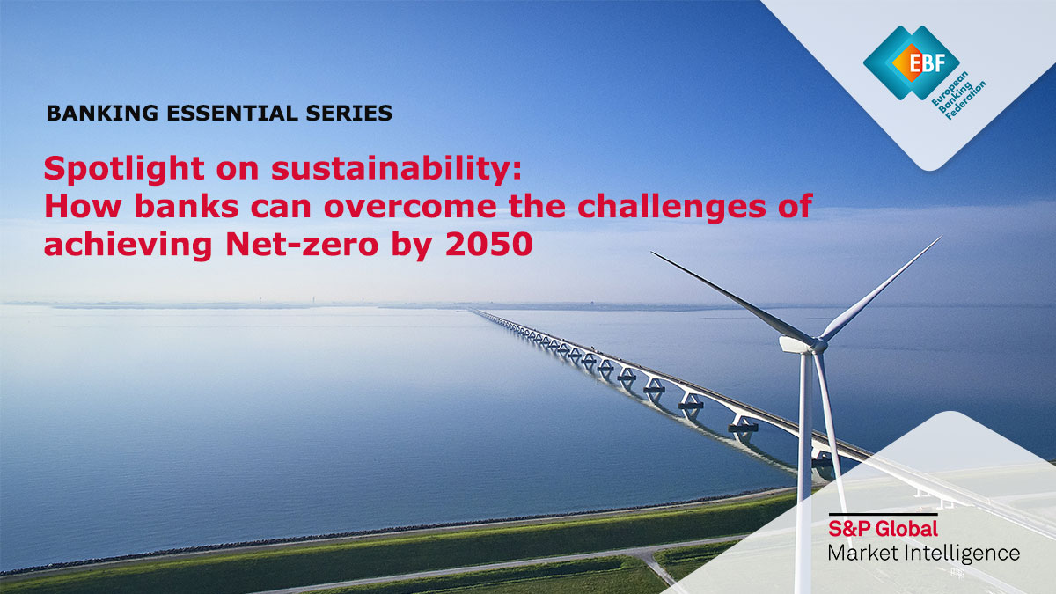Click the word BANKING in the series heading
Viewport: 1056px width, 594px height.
coord(102,114)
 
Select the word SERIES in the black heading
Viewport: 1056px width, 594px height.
coord(349,114)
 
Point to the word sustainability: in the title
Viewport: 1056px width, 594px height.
coord(397,168)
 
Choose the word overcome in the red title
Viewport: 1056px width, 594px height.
coord(410,208)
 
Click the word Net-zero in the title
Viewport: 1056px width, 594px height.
coord(302,246)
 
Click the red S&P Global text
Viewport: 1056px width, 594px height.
coord(883,529)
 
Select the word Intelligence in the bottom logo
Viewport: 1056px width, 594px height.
coord(965,554)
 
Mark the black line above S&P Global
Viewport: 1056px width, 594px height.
coord(883,514)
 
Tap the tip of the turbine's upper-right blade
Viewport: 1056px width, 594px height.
coord(942,237)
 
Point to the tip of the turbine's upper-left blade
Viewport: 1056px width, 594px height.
coord(652,253)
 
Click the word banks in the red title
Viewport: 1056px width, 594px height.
coord(187,208)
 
